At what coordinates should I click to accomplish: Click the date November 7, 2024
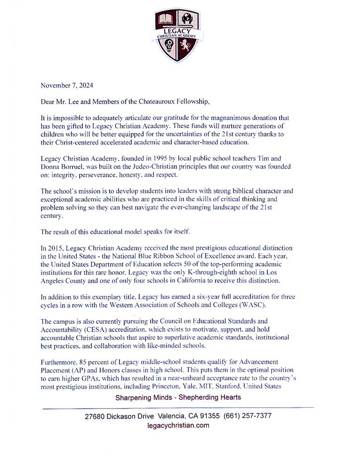click(x=67, y=85)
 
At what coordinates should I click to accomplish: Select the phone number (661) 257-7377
click(x=248, y=416)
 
